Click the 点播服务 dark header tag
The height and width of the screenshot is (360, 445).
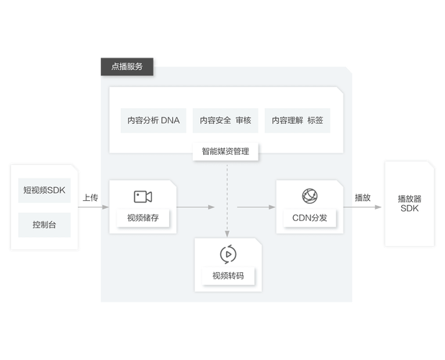127,67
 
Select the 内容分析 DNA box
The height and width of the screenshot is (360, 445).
153,120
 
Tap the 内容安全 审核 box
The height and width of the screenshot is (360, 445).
225,120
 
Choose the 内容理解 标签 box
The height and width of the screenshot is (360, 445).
297,120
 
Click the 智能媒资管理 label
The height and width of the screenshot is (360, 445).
225,151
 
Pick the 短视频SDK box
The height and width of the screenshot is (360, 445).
44,190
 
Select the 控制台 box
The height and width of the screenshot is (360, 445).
44,225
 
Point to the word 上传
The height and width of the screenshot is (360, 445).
90,197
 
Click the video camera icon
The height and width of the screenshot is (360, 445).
143,197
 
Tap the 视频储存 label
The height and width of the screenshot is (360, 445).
143,218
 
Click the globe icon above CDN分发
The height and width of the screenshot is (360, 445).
310,196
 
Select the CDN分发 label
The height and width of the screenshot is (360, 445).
310,218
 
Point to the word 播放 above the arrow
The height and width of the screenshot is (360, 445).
363,197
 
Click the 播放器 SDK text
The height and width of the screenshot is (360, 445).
410,204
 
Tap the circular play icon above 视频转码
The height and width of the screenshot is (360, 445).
228,254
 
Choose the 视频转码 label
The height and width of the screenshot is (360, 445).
228,276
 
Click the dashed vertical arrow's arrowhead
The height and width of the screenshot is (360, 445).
227,234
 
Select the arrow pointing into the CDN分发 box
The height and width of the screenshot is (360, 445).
256,207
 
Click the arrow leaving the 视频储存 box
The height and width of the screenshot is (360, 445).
196,207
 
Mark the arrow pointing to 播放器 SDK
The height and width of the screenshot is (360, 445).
362,207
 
